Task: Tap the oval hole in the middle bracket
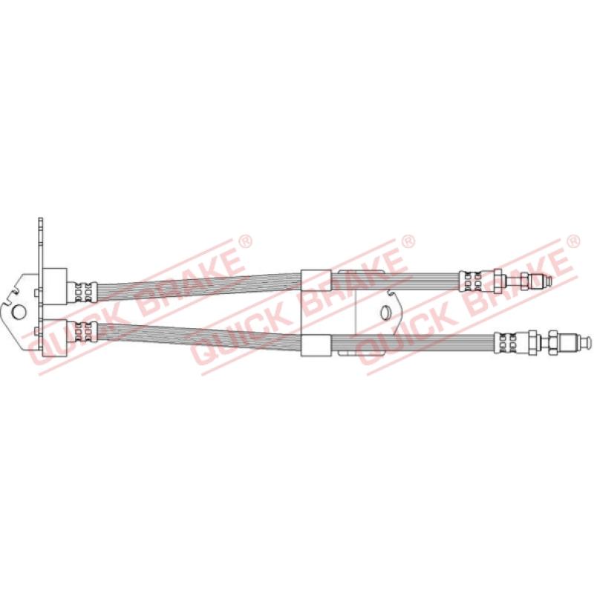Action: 385,312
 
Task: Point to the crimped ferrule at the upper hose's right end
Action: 470,281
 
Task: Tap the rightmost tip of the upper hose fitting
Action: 551,281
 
